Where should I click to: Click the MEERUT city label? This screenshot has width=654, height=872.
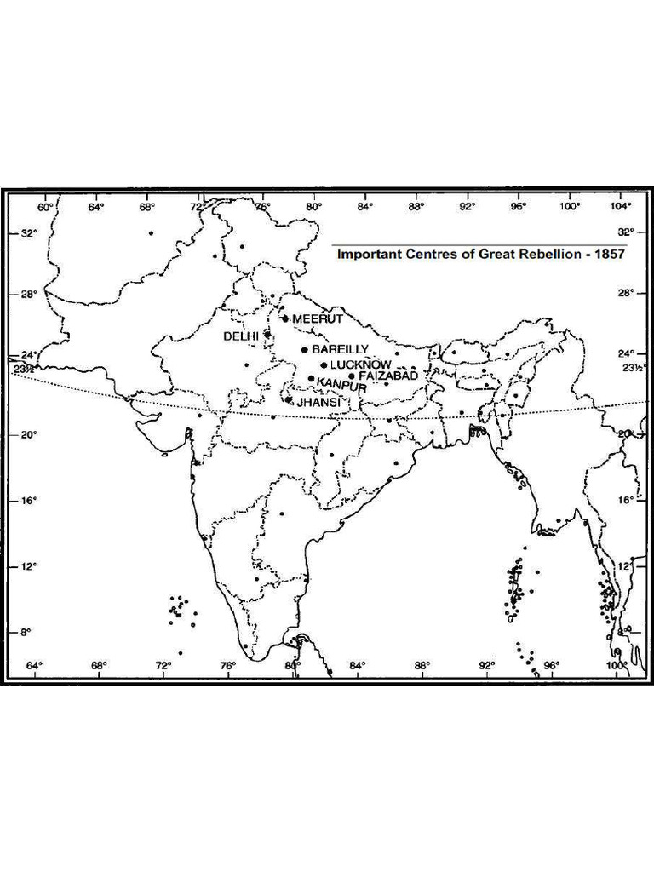(x=318, y=318)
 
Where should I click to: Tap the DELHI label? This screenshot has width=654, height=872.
(x=240, y=336)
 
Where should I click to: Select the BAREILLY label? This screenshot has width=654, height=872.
(x=340, y=349)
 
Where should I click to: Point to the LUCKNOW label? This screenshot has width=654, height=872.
(x=361, y=364)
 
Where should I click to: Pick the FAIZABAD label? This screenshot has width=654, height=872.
(x=388, y=376)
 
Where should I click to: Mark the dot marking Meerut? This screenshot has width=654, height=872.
(x=285, y=318)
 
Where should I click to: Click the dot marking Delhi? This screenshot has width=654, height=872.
(x=267, y=335)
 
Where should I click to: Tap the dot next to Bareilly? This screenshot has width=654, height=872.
(x=304, y=349)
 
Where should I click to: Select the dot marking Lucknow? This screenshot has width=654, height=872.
(x=324, y=365)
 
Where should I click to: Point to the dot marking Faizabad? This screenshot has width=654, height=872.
(x=352, y=376)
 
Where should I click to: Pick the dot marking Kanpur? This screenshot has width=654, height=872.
(x=311, y=379)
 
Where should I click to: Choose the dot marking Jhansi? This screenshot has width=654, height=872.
(x=289, y=399)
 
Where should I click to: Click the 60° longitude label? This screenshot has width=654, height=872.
(x=45, y=206)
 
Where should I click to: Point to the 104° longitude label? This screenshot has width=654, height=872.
(x=621, y=206)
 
